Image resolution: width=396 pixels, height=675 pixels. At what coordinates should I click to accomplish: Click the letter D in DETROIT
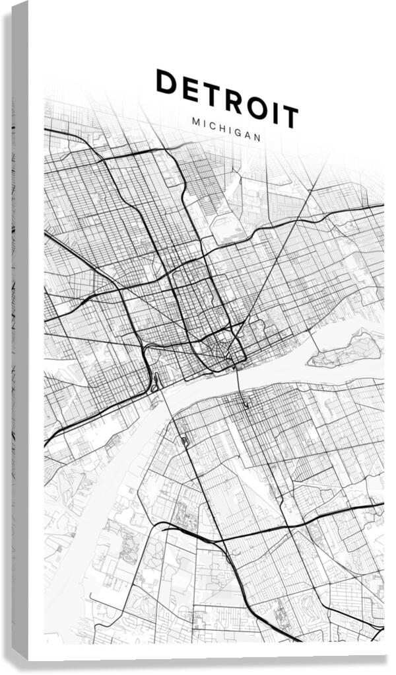[x=167, y=82]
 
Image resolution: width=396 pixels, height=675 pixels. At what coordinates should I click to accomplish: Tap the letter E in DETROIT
[x=191, y=89]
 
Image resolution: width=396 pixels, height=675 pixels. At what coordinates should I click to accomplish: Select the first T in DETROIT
[x=213, y=95]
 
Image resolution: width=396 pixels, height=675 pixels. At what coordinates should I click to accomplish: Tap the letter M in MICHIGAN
[x=195, y=122]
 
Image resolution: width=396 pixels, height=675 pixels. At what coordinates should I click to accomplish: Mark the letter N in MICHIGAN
[x=257, y=138]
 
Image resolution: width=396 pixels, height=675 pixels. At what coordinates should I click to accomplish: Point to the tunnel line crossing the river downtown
[x=240, y=383]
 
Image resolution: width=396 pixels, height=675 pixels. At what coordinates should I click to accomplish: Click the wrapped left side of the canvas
[x=20, y=331]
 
